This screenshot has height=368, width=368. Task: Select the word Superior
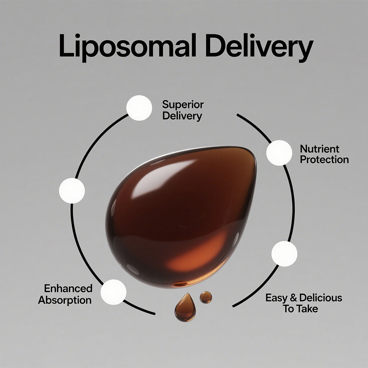point(183,104)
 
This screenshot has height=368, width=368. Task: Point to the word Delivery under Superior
point(182,116)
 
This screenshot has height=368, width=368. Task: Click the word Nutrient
point(320,149)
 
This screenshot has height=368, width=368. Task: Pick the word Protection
point(324,160)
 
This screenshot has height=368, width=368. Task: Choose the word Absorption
point(65,300)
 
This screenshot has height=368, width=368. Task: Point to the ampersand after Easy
point(293,298)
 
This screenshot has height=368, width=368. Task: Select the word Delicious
point(321,298)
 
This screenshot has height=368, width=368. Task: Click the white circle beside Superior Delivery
point(139,108)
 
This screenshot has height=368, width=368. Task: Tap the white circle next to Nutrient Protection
point(279,153)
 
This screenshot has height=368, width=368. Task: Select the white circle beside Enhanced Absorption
point(113,292)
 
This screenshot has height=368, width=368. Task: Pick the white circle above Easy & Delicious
point(284,254)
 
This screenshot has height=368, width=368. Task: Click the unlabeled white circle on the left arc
point(72,191)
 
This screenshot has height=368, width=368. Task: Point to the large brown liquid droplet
point(180,215)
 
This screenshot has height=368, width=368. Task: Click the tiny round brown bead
point(206,297)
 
